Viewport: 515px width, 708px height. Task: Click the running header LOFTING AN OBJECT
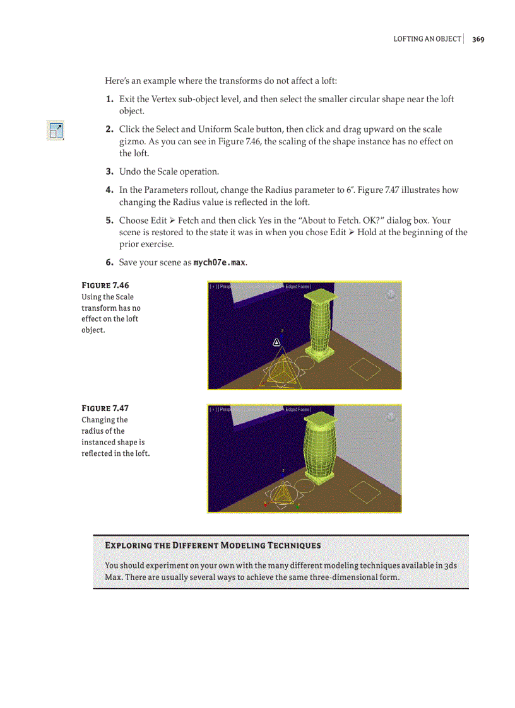click(x=427, y=39)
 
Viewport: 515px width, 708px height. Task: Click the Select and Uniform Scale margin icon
click(x=56, y=131)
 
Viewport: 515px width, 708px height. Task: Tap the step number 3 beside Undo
click(x=109, y=171)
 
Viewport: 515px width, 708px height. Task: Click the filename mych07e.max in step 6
click(x=219, y=262)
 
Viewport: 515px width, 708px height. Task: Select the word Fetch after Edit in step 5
click(x=188, y=221)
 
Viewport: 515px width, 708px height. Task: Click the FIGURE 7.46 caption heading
click(x=105, y=285)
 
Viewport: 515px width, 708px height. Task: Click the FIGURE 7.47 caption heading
click(x=105, y=408)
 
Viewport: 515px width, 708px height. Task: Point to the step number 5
click(x=109, y=221)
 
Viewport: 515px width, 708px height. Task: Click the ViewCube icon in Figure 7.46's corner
click(x=391, y=294)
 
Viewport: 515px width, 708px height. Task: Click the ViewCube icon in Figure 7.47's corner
click(x=391, y=416)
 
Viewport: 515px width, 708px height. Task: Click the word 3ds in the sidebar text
click(x=451, y=566)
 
